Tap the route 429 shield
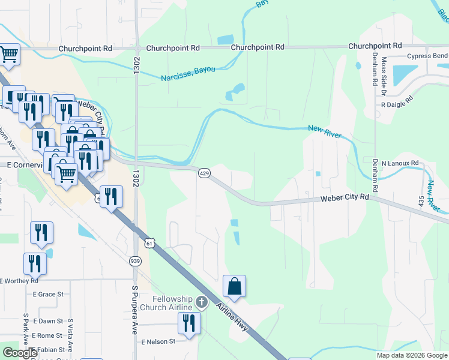[204, 173]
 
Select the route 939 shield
[136, 260]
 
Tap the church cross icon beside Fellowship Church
[203, 302]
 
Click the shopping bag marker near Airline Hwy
[234, 287]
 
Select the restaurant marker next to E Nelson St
[190, 324]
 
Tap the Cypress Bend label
[427, 56]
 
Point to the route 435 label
[422, 202]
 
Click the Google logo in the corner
[19, 353]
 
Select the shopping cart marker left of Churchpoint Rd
[9, 55]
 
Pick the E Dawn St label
[48, 321]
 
